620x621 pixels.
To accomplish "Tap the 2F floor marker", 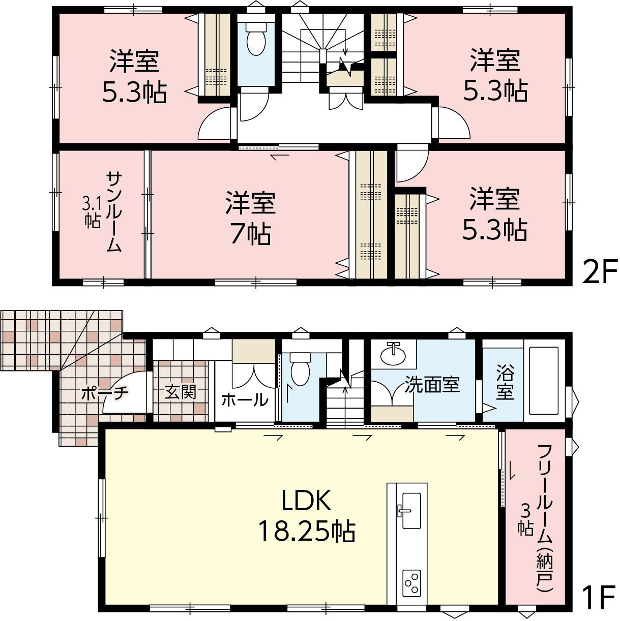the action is (x=599, y=271).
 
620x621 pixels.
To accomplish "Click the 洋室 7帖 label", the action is (x=250, y=218).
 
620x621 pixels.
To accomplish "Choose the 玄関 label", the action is (x=181, y=392).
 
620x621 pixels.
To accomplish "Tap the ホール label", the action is (x=245, y=399).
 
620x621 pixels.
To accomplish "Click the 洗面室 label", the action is (x=432, y=384).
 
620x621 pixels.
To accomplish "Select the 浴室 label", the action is (x=505, y=382).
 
